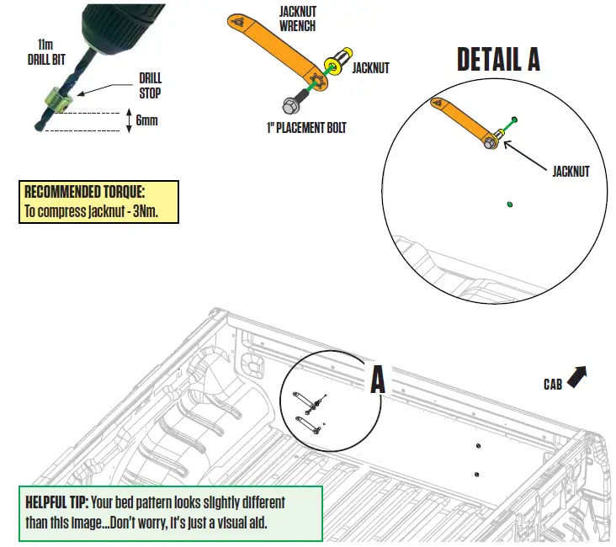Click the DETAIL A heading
pos(497,59)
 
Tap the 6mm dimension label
pos(146,120)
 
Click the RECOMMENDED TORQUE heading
pos(84,192)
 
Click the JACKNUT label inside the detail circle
pos(571,171)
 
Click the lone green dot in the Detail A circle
pos(511,203)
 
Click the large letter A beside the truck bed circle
pos(378,380)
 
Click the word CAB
pos(552,385)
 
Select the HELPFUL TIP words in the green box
pos(56,502)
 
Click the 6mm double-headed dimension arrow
pos(128,120)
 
